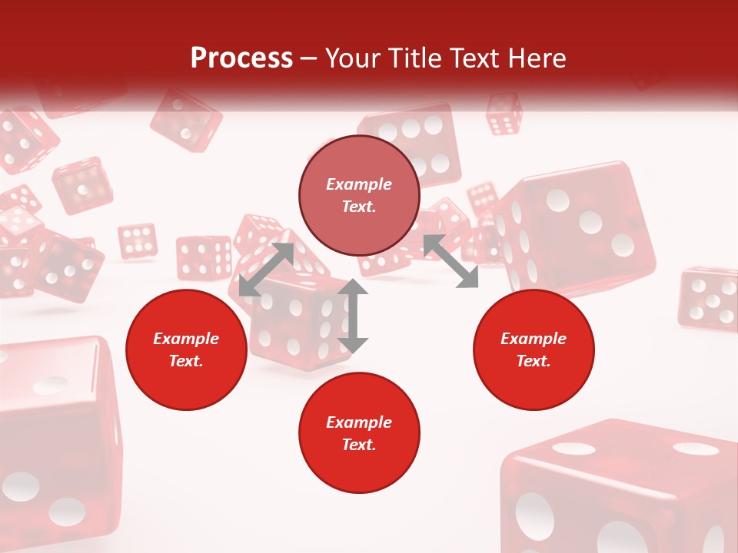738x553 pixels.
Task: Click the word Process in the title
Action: coord(241,58)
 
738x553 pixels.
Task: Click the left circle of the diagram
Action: coord(186,349)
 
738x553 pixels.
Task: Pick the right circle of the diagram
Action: coord(534,349)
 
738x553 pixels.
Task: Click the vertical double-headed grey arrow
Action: coord(353,316)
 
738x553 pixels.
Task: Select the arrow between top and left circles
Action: coord(267,269)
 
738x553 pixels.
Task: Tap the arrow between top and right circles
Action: coord(450,261)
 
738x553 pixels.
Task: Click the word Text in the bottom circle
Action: coord(358,445)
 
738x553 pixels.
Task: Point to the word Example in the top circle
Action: coord(358,184)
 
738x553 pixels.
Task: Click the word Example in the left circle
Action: coord(185,339)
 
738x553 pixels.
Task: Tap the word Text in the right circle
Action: coord(533,361)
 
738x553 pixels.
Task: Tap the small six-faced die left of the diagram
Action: coord(138,240)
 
